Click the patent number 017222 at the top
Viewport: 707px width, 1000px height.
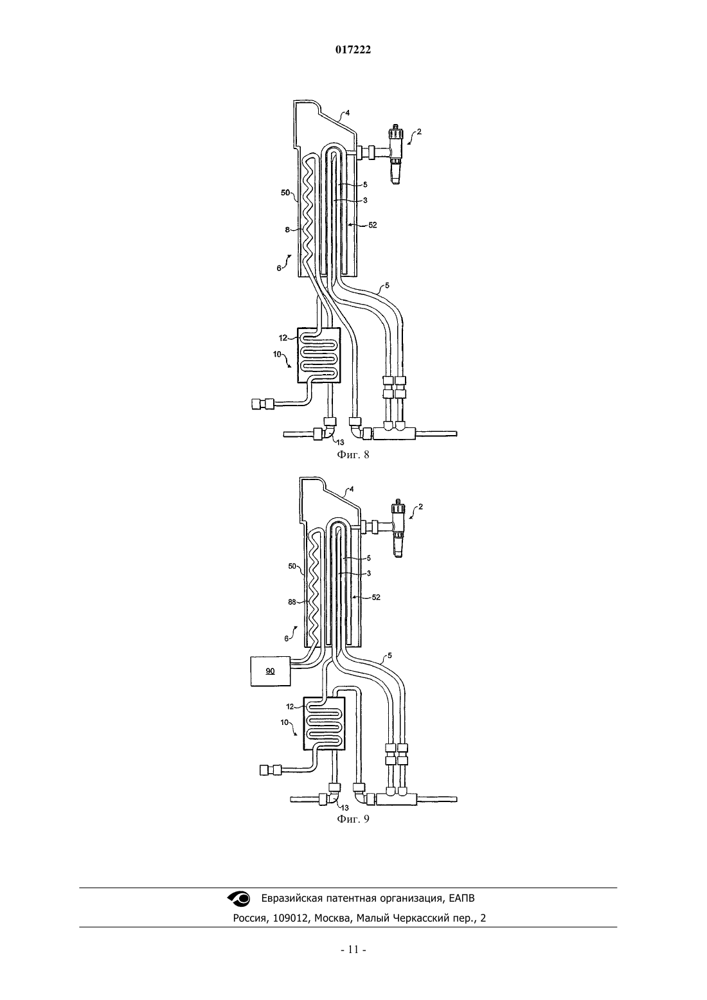click(353, 50)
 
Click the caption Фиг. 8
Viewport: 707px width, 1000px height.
click(353, 455)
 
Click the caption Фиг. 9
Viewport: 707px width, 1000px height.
click(353, 819)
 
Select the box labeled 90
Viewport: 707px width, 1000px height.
click(271, 671)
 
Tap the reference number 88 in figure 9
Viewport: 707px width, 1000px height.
click(292, 602)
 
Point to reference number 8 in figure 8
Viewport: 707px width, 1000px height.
click(287, 229)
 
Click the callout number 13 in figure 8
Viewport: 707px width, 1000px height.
click(340, 442)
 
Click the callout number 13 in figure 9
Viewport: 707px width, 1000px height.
click(345, 808)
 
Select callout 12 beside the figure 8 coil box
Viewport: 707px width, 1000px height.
click(283, 338)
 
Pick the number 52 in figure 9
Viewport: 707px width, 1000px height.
click(376, 597)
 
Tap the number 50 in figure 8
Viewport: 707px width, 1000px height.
click(285, 193)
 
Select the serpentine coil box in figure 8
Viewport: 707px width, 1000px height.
click(319, 355)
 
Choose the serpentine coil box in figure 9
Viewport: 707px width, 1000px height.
click(325, 724)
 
